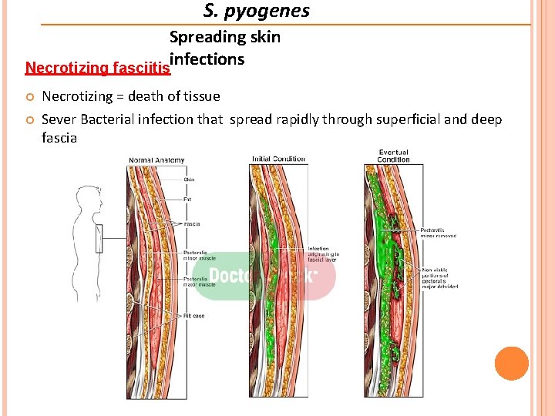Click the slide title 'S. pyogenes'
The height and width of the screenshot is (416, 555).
point(257,11)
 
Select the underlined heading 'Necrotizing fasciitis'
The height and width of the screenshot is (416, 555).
point(98,68)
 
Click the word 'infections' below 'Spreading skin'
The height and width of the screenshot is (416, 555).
point(207,59)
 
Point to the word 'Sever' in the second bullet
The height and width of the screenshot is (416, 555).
point(59,119)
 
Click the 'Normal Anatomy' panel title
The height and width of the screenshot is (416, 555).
point(156,160)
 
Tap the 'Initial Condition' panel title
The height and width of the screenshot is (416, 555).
point(278,159)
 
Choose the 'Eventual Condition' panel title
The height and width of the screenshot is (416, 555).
point(394,156)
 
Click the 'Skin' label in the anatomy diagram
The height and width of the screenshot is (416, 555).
point(189,179)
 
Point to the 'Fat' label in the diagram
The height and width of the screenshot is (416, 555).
point(187,199)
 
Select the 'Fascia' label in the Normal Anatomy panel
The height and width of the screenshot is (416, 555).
point(192,224)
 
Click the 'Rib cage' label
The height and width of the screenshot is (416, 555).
point(193,316)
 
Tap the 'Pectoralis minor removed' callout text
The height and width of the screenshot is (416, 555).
point(438,233)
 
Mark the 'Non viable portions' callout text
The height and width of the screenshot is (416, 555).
point(440,277)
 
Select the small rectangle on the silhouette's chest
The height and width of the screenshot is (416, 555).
point(98,238)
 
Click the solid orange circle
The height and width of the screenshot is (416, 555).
point(512,364)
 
